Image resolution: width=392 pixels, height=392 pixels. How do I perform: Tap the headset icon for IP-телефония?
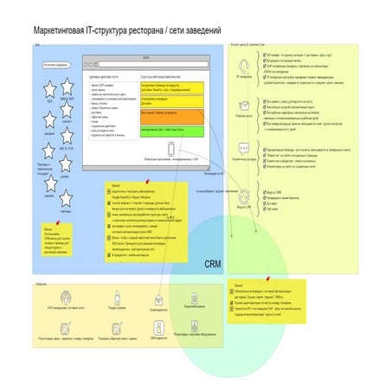(244, 65)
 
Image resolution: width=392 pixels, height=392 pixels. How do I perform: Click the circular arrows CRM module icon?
(244, 198)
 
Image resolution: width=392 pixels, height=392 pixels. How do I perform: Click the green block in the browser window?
(173, 130)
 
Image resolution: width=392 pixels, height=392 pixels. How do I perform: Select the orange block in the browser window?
(173, 114)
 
